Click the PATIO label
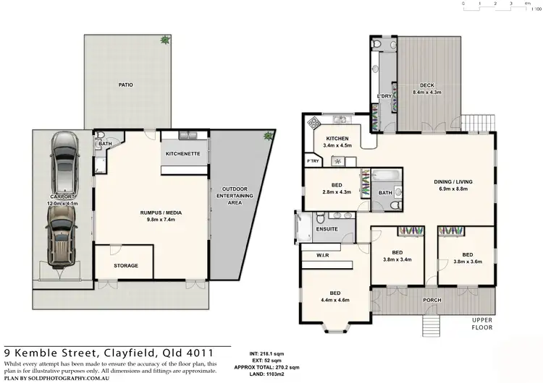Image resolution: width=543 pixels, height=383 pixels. coord(126,85)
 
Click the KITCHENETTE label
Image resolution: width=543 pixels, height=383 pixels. coord(184,154)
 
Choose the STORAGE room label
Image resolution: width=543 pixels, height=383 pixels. coord(125,265)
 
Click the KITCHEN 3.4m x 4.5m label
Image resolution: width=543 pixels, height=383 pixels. coord(337,142)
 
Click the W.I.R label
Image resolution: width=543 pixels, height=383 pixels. coord(323,254)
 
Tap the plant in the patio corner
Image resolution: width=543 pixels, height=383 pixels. coord(167,40)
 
